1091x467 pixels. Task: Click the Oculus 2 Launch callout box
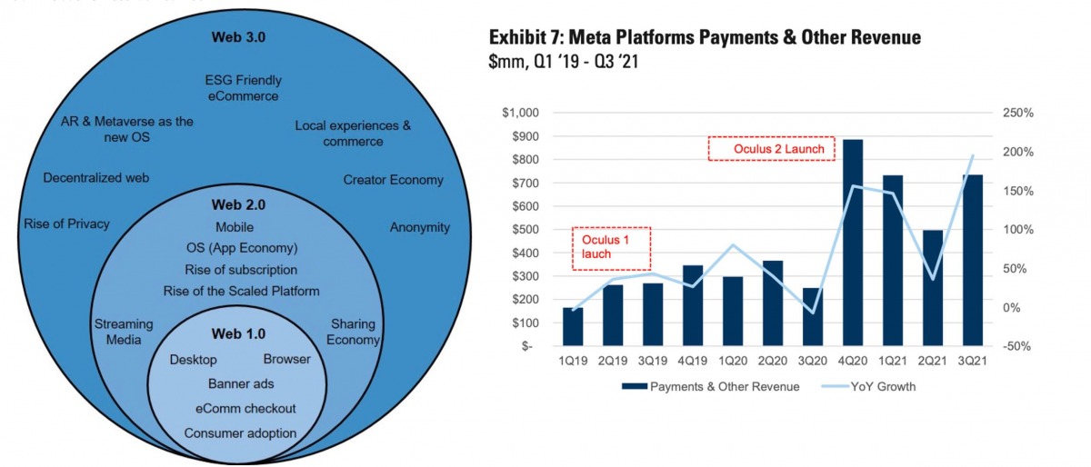click(x=771, y=148)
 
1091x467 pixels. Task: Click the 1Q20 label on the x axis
click(x=735, y=362)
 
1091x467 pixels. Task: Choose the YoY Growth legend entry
click(x=881, y=386)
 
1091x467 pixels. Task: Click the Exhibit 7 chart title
click(x=705, y=37)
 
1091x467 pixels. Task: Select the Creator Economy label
click(x=393, y=180)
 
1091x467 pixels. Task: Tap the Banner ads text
click(x=241, y=383)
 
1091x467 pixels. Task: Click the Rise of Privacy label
click(x=66, y=224)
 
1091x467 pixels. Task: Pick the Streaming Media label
click(x=124, y=332)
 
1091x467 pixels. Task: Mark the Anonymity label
click(x=419, y=227)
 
